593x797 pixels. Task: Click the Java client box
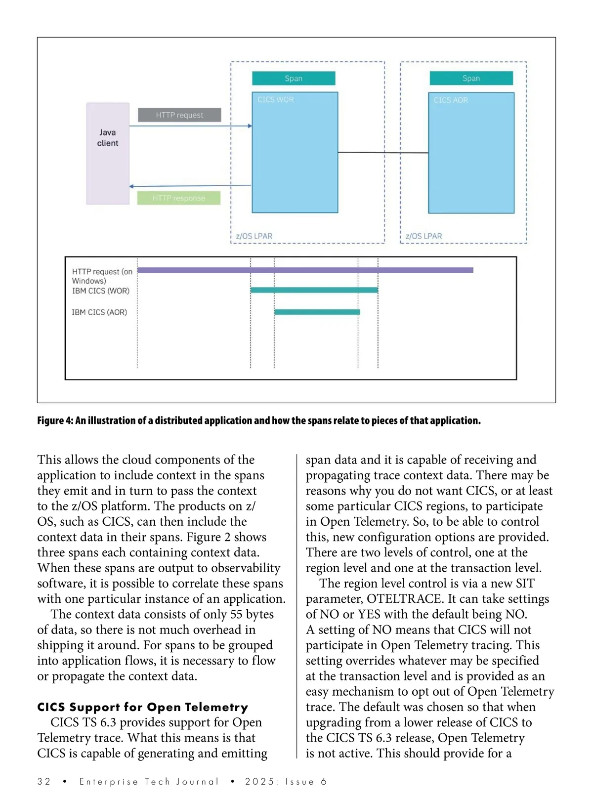108,153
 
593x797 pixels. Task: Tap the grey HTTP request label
179,115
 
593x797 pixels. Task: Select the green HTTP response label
178,198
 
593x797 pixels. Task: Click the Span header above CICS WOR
294,79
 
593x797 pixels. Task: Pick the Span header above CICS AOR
471,79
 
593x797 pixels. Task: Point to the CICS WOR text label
275,100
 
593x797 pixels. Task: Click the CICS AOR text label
451,100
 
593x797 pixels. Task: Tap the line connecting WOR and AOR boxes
383,153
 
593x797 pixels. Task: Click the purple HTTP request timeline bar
305,270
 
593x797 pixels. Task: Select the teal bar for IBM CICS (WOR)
314,290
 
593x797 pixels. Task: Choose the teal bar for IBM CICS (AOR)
317,312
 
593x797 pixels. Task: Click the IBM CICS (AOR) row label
99,312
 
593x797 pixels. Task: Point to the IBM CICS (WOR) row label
101,291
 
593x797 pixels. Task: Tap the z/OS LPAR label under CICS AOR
424,236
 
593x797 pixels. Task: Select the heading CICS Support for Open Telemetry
143,707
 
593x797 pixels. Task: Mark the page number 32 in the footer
44,782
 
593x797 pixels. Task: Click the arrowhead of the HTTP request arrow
250,126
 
